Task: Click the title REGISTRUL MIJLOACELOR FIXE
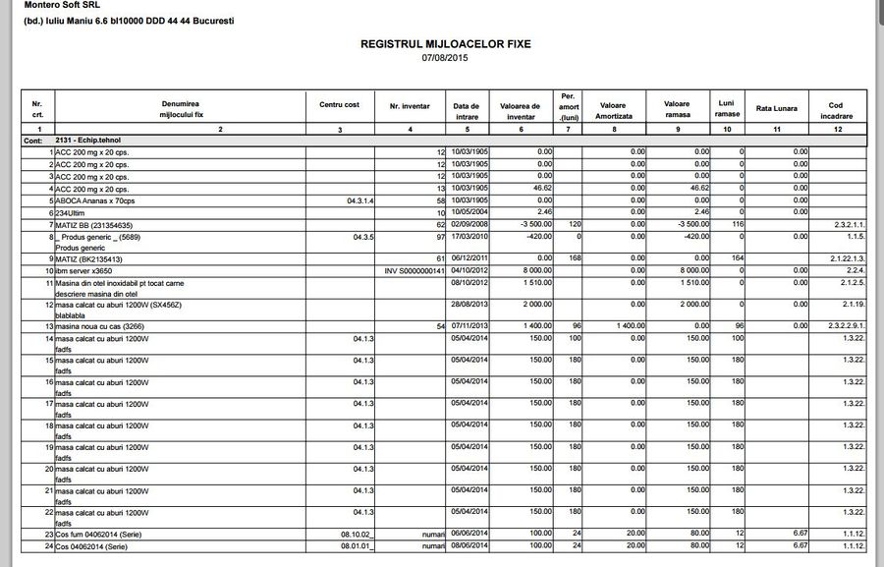(444, 44)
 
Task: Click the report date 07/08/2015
(444, 58)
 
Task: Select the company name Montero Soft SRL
(61, 5)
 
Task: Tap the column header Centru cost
(339, 105)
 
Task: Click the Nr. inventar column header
(409, 105)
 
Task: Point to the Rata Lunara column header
(776, 107)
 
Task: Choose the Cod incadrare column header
(835, 111)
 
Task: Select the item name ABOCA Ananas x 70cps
(95, 199)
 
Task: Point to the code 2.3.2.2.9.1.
(842, 325)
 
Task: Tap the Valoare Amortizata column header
(612, 111)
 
